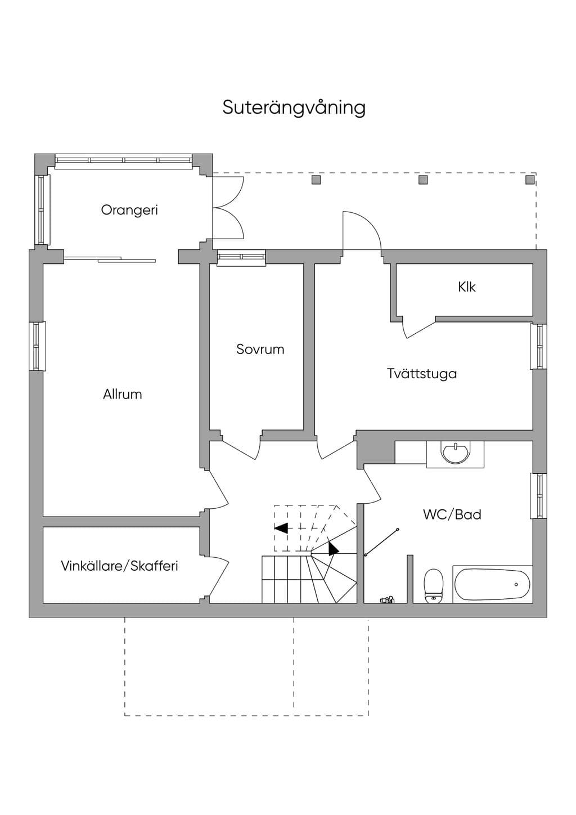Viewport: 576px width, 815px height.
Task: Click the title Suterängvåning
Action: click(294, 108)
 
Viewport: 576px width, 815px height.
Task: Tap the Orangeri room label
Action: click(129, 211)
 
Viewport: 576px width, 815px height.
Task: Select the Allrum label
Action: click(122, 395)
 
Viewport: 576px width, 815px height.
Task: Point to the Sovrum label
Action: click(260, 350)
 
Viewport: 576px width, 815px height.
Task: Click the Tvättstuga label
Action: click(422, 374)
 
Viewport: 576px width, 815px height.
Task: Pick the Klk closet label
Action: click(466, 287)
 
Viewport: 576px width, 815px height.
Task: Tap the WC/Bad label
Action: click(452, 514)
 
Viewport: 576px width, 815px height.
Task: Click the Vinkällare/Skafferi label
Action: click(119, 566)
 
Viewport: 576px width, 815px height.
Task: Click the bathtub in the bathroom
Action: click(492, 585)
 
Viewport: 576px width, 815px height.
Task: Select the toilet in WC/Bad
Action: click(434, 585)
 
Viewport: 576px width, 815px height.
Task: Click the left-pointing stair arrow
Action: click(281, 528)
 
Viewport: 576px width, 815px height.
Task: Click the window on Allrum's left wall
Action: click(37, 346)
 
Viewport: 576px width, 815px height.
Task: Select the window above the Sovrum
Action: click(241, 258)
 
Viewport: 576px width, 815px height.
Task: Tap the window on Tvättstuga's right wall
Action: click(538, 346)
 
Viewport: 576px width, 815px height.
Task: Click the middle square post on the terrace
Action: click(423, 180)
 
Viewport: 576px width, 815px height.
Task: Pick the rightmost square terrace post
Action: click(530, 180)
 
